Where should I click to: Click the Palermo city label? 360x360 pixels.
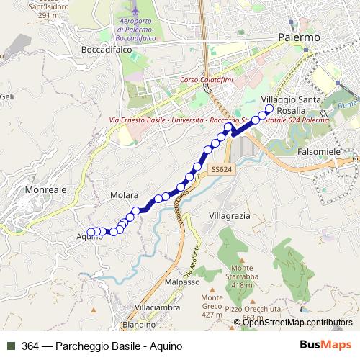pyautogui.click(x=298, y=37)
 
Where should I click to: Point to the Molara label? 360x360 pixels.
pyautogui.click(x=124, y=195)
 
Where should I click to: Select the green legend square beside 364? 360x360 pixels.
pyautogui.click(x=10, y=346)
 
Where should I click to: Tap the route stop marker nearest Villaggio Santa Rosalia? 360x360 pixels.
pyautogui.click(x=270, y=109)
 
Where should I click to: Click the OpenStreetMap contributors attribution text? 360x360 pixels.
pyautogui.click(x=297, y=323)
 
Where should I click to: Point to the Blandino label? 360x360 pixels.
pyautogui.click(x=138, y=324)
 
